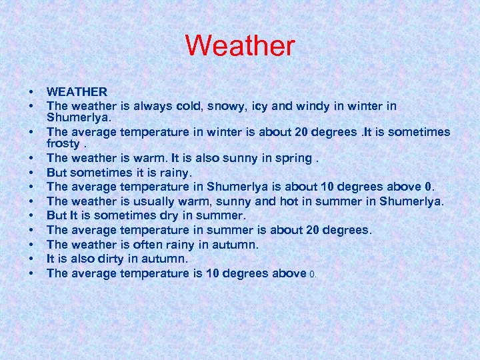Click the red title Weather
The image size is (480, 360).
[240, 46]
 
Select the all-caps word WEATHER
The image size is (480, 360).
[77, 91]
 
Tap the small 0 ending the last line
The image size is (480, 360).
[313, 274]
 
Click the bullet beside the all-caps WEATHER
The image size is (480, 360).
[31, 91]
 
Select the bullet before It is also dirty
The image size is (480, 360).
[31, 259]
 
